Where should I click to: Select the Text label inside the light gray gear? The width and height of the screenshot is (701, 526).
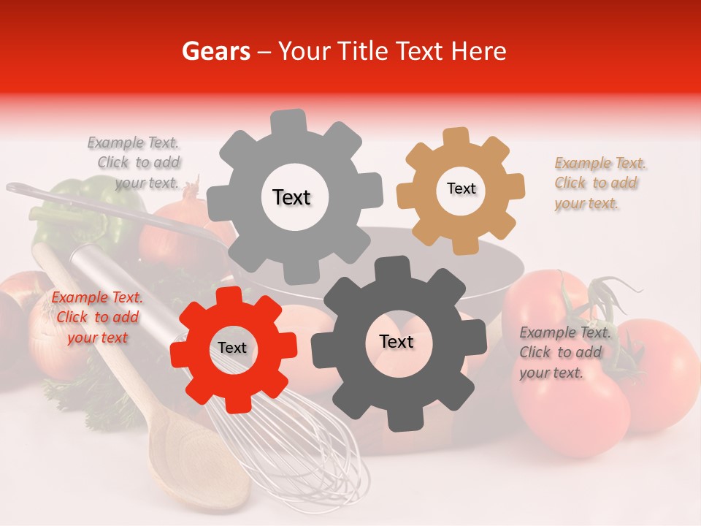click(x=291, y=197)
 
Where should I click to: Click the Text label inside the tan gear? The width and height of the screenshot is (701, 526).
click(x=461, y=188)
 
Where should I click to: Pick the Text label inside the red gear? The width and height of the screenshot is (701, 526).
click(x=232, y=348)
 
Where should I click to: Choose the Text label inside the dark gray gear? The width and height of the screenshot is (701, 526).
click(x=397, y=341)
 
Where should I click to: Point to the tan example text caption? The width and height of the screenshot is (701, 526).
click(x=599, y=183)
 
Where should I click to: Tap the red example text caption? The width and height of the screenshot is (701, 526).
click(x=97, y=317)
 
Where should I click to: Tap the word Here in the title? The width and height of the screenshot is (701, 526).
click(x=478, y=51)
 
